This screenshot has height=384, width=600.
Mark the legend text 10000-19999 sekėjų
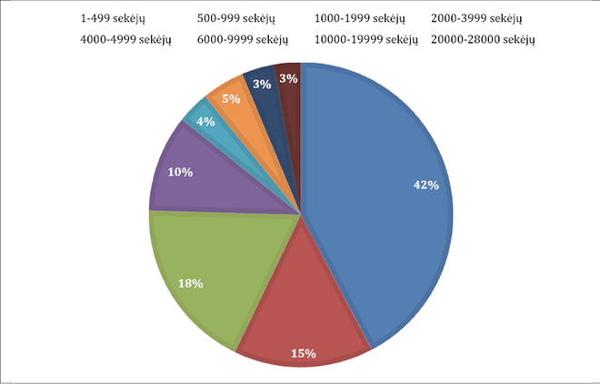point(365,39)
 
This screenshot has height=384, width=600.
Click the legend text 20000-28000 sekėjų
point(483,39)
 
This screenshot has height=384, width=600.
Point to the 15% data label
point(304,353)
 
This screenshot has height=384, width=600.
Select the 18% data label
point(190,283)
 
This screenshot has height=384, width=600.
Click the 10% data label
point(180,171)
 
